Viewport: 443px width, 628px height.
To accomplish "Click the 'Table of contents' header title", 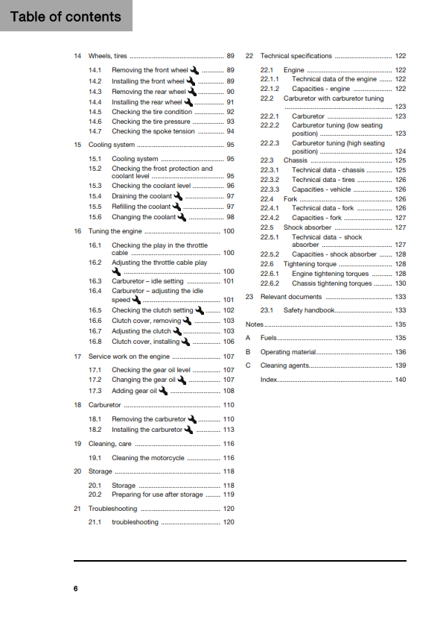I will (66, 16).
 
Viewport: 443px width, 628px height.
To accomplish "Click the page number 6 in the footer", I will (75, 589).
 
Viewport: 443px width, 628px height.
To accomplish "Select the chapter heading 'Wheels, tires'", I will (108, 57).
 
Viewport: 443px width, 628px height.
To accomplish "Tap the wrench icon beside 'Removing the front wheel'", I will (194, 69).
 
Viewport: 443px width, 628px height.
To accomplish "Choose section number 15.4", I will (95, 196).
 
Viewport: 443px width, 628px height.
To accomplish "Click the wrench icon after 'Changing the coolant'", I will (182, 217).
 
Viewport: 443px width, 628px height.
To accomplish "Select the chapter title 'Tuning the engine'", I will (115, 231).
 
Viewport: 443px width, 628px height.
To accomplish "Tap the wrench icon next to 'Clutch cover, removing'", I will (187, 321).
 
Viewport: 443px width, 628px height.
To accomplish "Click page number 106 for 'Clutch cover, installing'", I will (229, 342).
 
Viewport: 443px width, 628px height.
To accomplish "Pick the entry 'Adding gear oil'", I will (134, 391).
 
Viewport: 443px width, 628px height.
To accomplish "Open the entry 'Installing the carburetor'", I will (147, 430).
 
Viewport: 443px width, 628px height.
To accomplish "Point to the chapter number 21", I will (77, 509).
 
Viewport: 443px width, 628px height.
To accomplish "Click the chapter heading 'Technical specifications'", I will (296, 57).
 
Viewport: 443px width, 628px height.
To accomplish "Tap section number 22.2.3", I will (270, 143).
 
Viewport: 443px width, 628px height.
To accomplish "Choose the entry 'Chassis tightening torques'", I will (332, 283).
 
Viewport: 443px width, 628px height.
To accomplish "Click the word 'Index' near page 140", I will (268, 380).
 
